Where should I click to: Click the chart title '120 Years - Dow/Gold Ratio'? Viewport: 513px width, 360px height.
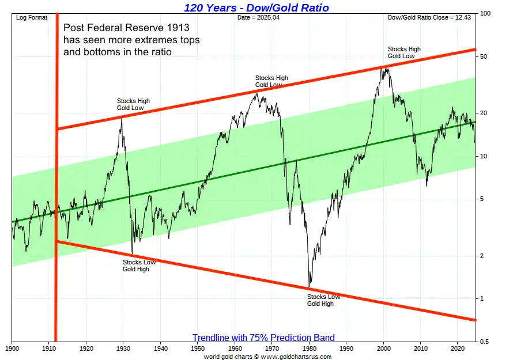[256, 7]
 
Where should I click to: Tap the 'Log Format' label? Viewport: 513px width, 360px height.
[32, 18]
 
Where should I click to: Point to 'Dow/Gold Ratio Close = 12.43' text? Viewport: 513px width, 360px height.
[430, 18]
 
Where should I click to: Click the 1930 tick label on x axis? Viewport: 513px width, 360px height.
[123, 348]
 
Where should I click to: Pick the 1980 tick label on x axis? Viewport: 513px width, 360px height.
[310, 348]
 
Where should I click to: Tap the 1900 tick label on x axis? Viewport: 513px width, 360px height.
[12, 348]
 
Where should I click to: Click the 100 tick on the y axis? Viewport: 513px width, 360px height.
[485, 13]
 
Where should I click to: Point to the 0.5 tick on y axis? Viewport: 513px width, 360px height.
[485, 342]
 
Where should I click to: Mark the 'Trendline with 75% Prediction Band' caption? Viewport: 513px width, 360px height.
[263, 338]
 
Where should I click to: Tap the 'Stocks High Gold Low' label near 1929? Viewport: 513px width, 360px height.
[133, 104]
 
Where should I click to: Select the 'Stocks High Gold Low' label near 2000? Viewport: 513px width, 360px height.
[404, 52]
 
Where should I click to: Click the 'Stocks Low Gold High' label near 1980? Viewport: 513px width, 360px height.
[323, 300]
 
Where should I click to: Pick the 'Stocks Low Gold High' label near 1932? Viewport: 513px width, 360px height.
[139, 266]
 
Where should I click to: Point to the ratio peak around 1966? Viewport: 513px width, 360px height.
[256, 93]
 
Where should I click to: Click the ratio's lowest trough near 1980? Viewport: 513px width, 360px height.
[310, 286]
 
